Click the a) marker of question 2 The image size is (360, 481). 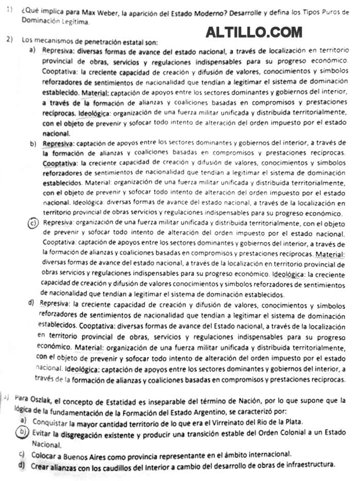[x=31, y=50]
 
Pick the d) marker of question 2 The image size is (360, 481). [x=32, y=303]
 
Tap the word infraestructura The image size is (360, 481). [x=308, y=465]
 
